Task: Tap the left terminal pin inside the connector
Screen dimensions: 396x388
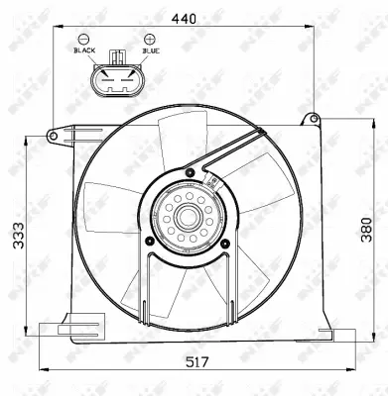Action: (x=106, y=82)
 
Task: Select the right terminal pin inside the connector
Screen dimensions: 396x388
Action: (x=125, y=82)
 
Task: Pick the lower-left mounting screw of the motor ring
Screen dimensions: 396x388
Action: (x=149, y=240)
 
